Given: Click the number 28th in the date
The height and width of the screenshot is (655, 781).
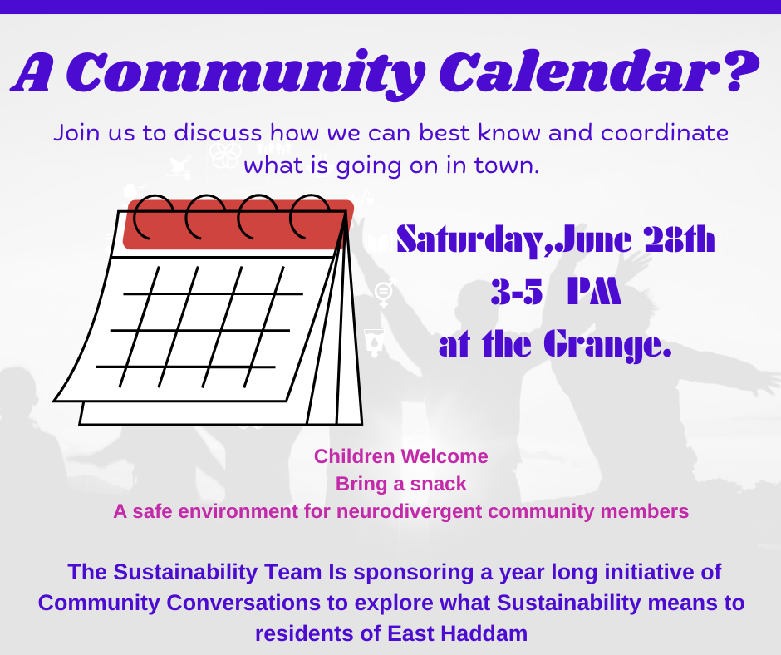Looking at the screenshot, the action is click(x=680, y=239).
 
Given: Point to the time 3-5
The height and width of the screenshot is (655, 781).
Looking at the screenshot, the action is click(x=517, y=291).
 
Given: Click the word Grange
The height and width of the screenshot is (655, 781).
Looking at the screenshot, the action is click(x=607, y=345).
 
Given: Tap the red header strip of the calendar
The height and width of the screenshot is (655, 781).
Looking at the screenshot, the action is click(x=238, y=224).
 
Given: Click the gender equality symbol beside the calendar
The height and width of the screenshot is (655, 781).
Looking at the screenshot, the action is click(x=385, y=293).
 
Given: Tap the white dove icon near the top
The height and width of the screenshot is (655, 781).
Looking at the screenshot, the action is click(x=179, y=166).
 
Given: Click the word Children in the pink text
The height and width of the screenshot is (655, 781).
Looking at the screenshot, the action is click(x=354, y=456).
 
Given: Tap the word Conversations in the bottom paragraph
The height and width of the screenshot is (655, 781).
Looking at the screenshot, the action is click(x=244, y=603).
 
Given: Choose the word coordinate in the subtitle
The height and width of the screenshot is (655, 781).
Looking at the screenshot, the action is click(x=665, y=133).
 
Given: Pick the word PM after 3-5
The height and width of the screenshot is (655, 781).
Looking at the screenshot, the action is click(x=594, y=291).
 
